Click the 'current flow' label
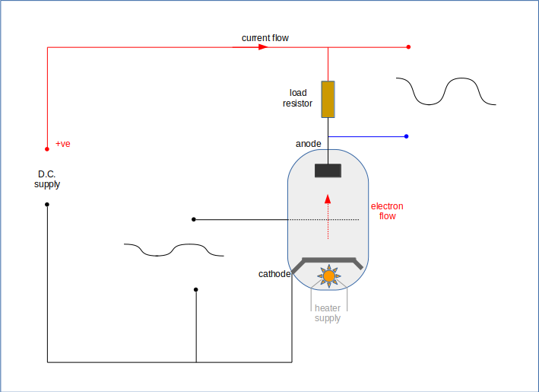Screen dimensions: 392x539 click(265, 38)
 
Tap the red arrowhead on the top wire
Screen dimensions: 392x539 click(262, 46)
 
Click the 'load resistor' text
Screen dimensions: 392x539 click(298, 98)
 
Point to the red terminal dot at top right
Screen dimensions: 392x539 click(409, 46)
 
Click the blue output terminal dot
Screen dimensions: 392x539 click(407, 136)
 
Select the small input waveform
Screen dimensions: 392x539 click(173, 250)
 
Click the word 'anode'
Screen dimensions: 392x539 click(309, 144)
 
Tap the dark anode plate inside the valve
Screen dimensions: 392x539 click(328, 171)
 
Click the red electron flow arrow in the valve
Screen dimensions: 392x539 click(328, 199)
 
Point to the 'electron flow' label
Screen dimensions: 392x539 click(387, 211)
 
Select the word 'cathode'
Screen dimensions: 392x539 click(274, 273)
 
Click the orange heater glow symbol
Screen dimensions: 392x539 click(328, 276)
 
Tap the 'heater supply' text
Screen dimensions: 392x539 click(328, 313)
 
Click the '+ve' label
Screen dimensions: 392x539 click(63, 144)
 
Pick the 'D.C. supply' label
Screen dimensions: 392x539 click(47, 179)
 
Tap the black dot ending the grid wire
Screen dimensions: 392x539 click(194, 219)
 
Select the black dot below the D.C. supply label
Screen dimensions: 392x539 click(47, 205)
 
